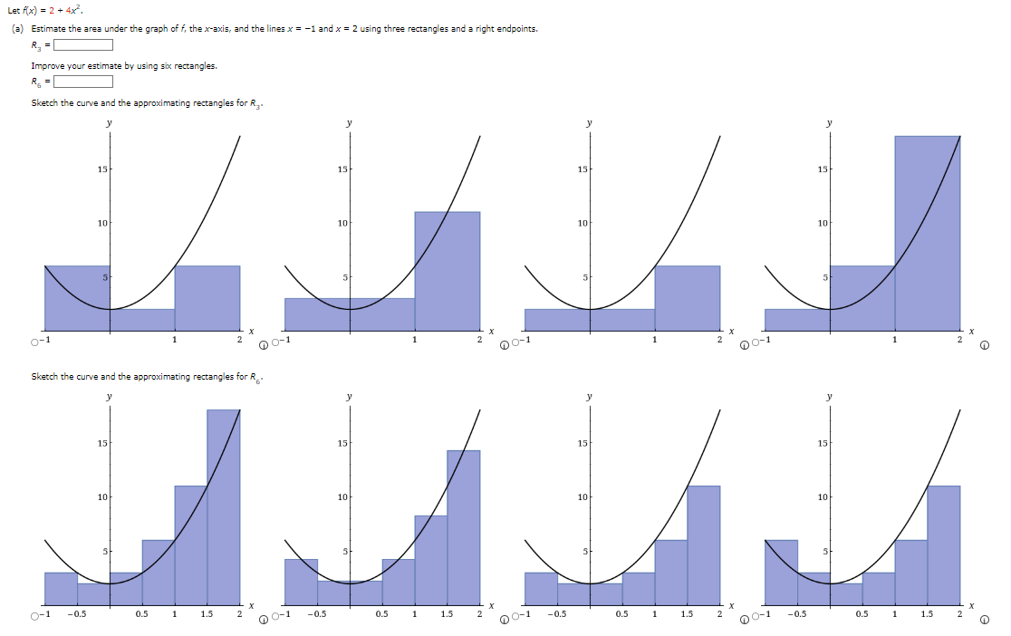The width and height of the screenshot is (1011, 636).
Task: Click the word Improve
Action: (x=45, y=65)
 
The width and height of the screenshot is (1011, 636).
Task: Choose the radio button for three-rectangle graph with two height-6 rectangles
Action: (x=34, y=342)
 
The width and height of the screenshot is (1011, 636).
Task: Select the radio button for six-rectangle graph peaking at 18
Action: (x=34, y=618)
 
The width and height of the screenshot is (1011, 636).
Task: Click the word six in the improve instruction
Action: (x=145, y=65)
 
